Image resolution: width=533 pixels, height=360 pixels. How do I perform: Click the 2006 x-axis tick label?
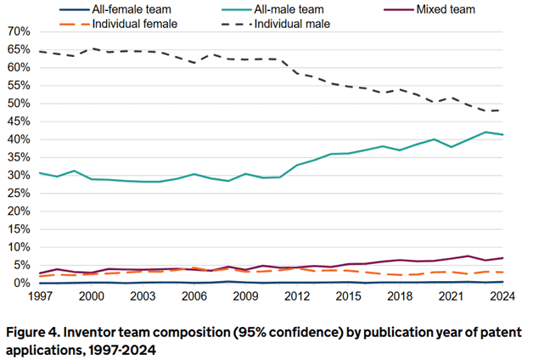[194, 297]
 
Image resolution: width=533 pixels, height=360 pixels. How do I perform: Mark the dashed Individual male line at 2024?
[504, 110]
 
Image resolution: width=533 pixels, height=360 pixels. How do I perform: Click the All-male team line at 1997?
[40, 173]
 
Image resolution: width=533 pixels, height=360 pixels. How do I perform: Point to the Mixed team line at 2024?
[504, 258]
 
